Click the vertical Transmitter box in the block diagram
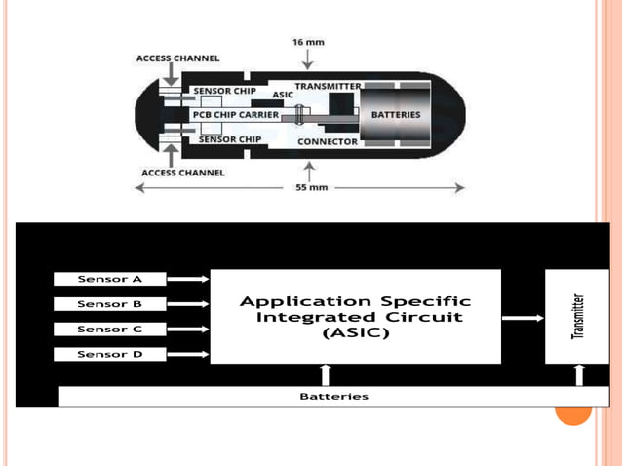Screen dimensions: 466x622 pos(577,317)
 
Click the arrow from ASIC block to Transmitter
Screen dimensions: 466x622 pos(523,317)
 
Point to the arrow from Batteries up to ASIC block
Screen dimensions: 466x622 pos(326,375)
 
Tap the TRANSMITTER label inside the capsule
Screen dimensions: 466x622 pos(328,87)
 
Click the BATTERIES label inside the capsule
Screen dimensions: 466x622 pos(396,114)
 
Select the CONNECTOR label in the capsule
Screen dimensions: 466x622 pos(328,142)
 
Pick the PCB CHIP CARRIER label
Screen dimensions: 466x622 pos(235,115)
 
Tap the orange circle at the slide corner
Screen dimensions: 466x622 pos(573,407)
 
